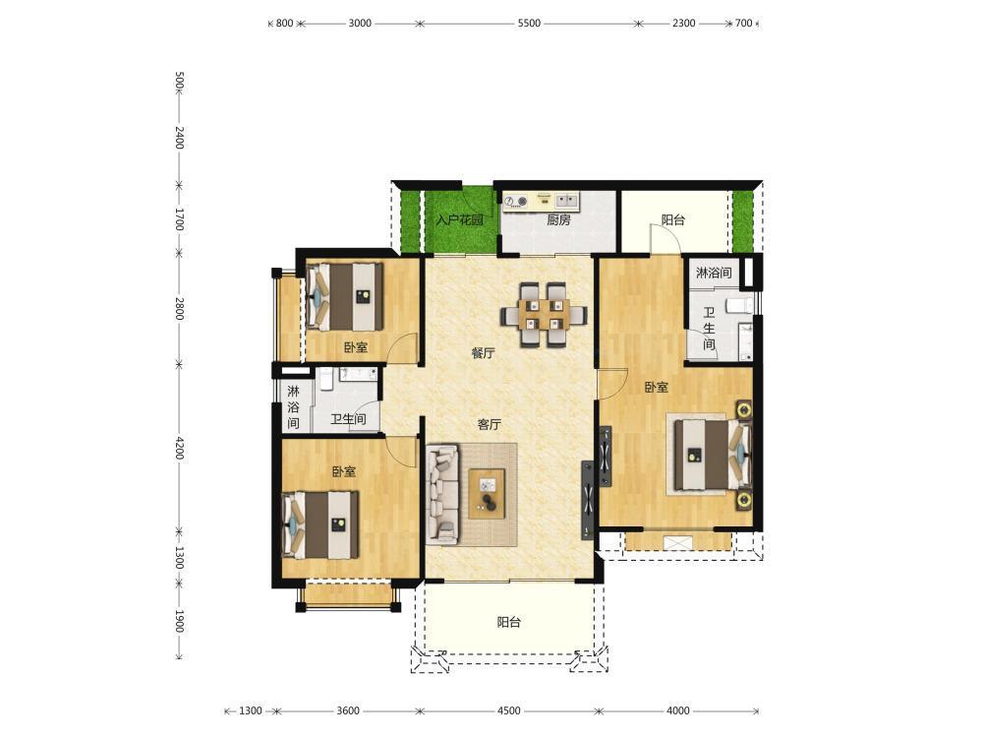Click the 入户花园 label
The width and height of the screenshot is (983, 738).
tap(460, 220)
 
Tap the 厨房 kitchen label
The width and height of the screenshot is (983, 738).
tap(558, 219)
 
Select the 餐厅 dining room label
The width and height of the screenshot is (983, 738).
tap(484, 352)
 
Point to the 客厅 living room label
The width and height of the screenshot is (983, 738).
tap(489, 424)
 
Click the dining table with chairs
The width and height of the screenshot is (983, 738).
tap(544, 315)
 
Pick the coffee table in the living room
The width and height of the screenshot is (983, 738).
tap(488, 494)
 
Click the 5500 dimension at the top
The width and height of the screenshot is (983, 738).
tap(529, 24)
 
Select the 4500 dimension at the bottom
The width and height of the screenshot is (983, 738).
tap(508, 710)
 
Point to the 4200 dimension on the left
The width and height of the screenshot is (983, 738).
tap(179, 448)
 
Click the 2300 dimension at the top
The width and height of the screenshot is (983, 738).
tap(683, 24)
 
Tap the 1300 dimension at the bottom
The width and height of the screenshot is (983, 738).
tap(250, 710)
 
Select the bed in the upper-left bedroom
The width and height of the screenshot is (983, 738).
tap(345, 297)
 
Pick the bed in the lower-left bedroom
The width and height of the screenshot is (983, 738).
tap(320, 525)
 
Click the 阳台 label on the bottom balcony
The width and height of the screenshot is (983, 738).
tap(508, 623)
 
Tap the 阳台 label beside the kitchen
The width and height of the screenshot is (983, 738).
tap(673, 219)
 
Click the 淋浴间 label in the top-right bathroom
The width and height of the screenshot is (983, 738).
tap(714, 273)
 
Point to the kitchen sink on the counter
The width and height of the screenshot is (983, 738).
tap(567, 200)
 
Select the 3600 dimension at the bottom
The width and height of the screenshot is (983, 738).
tap(348, 710)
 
